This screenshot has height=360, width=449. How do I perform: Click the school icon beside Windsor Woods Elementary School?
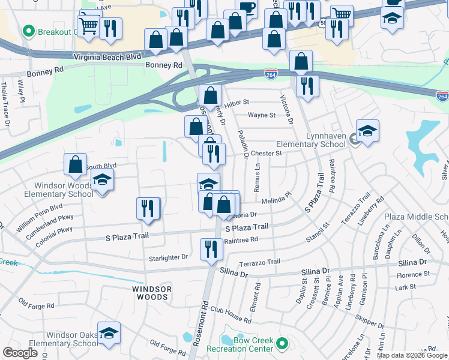pyautogui.click(x=102, y=179)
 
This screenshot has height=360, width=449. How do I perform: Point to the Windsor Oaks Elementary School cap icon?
pyautogui.click(x=109, y=333)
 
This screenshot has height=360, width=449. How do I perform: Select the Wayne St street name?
pyautogui.click(x=262, y=115)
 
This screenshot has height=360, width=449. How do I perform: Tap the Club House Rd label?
pyautogui.click(x=231, y=316)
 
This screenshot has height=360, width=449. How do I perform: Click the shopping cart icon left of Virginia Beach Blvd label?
pyautogui.click(x=89, y=25)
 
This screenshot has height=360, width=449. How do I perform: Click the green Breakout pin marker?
pyautogui.click(x=28, y=30)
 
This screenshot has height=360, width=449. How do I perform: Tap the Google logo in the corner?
pyautogui.click(x=20, y=352)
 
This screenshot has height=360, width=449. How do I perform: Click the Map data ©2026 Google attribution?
pyautogui.click(x=412, y=355)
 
